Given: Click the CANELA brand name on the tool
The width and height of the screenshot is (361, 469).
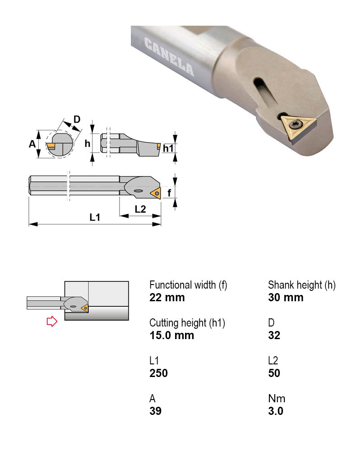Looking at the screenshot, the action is (x=169, y=57).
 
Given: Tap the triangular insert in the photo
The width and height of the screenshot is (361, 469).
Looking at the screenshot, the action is (x=298, y=128).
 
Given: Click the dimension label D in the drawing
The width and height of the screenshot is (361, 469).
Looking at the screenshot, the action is (x=77, y=120).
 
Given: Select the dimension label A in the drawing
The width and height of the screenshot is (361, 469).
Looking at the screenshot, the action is (x=32, y=144).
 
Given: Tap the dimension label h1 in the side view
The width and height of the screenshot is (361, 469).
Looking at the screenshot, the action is (x=168, y=148).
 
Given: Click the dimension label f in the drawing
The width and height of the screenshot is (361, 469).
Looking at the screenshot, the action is (x=169, y=193).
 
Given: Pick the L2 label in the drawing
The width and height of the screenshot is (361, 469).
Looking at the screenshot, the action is (x=140, y=209).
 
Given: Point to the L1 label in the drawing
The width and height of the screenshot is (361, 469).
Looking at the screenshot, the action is (x=95, y=217).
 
